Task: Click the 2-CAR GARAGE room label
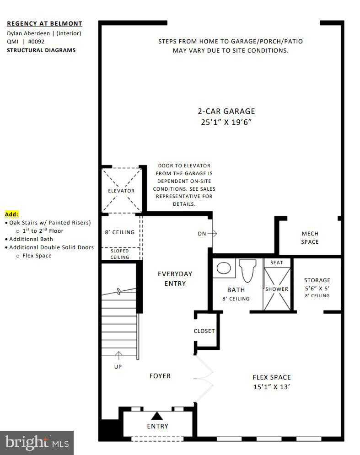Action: pos(226,111)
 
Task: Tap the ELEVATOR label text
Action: pos(121,191)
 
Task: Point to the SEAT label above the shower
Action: pos(277,262)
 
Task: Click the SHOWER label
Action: pos(277,289)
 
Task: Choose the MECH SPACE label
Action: pos(310,238)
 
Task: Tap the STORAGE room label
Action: pos(317,280)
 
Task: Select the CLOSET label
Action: pos(204,331)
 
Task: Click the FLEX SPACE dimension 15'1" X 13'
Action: pos(271,387)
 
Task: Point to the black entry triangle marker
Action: pos(157,416)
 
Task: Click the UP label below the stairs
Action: pos(118,366)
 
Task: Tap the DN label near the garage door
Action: pos(202,234)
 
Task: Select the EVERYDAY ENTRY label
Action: pos(175,278)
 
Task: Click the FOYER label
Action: pos(160,376)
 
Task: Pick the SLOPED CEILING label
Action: pos(120,254)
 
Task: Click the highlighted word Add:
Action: pos(11,214)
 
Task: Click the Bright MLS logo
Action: pos(37,443)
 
